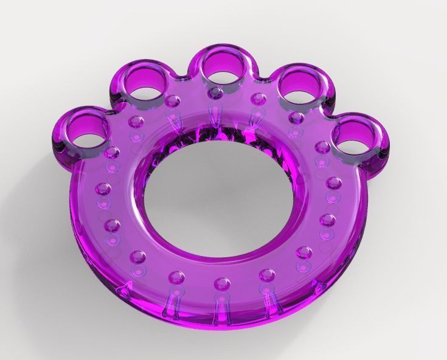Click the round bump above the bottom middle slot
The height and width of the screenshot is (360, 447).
222,283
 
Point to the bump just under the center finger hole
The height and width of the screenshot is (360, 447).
216,92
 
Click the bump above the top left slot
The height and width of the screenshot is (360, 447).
173,99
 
